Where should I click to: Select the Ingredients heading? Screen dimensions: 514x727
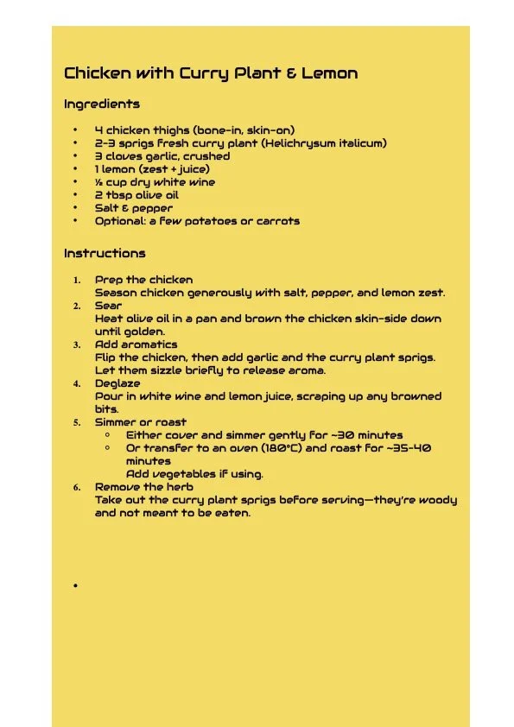[102, 104]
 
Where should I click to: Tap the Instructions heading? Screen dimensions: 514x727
[105, 254]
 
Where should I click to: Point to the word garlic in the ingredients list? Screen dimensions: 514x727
[160, 156]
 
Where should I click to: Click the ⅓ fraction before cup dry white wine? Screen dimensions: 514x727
[98, 182]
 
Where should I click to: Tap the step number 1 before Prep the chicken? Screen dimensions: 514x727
[76, 280]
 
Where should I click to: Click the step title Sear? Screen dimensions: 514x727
[108, 306]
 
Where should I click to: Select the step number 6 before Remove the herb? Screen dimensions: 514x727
[76, 487]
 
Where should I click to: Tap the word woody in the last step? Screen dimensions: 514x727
[438, 500]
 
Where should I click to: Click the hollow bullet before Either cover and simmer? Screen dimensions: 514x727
[107, 435]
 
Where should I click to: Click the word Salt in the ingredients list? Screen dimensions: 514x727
[107, 208]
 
